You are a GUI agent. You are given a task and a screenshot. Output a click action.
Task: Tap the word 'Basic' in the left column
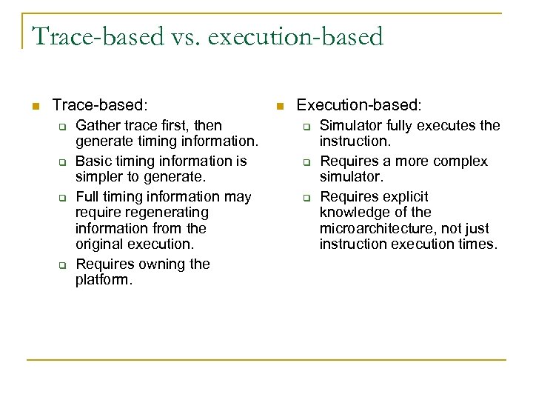[x=93, y=161]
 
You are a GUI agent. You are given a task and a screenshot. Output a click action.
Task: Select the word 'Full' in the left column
[x=89, y=196]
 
